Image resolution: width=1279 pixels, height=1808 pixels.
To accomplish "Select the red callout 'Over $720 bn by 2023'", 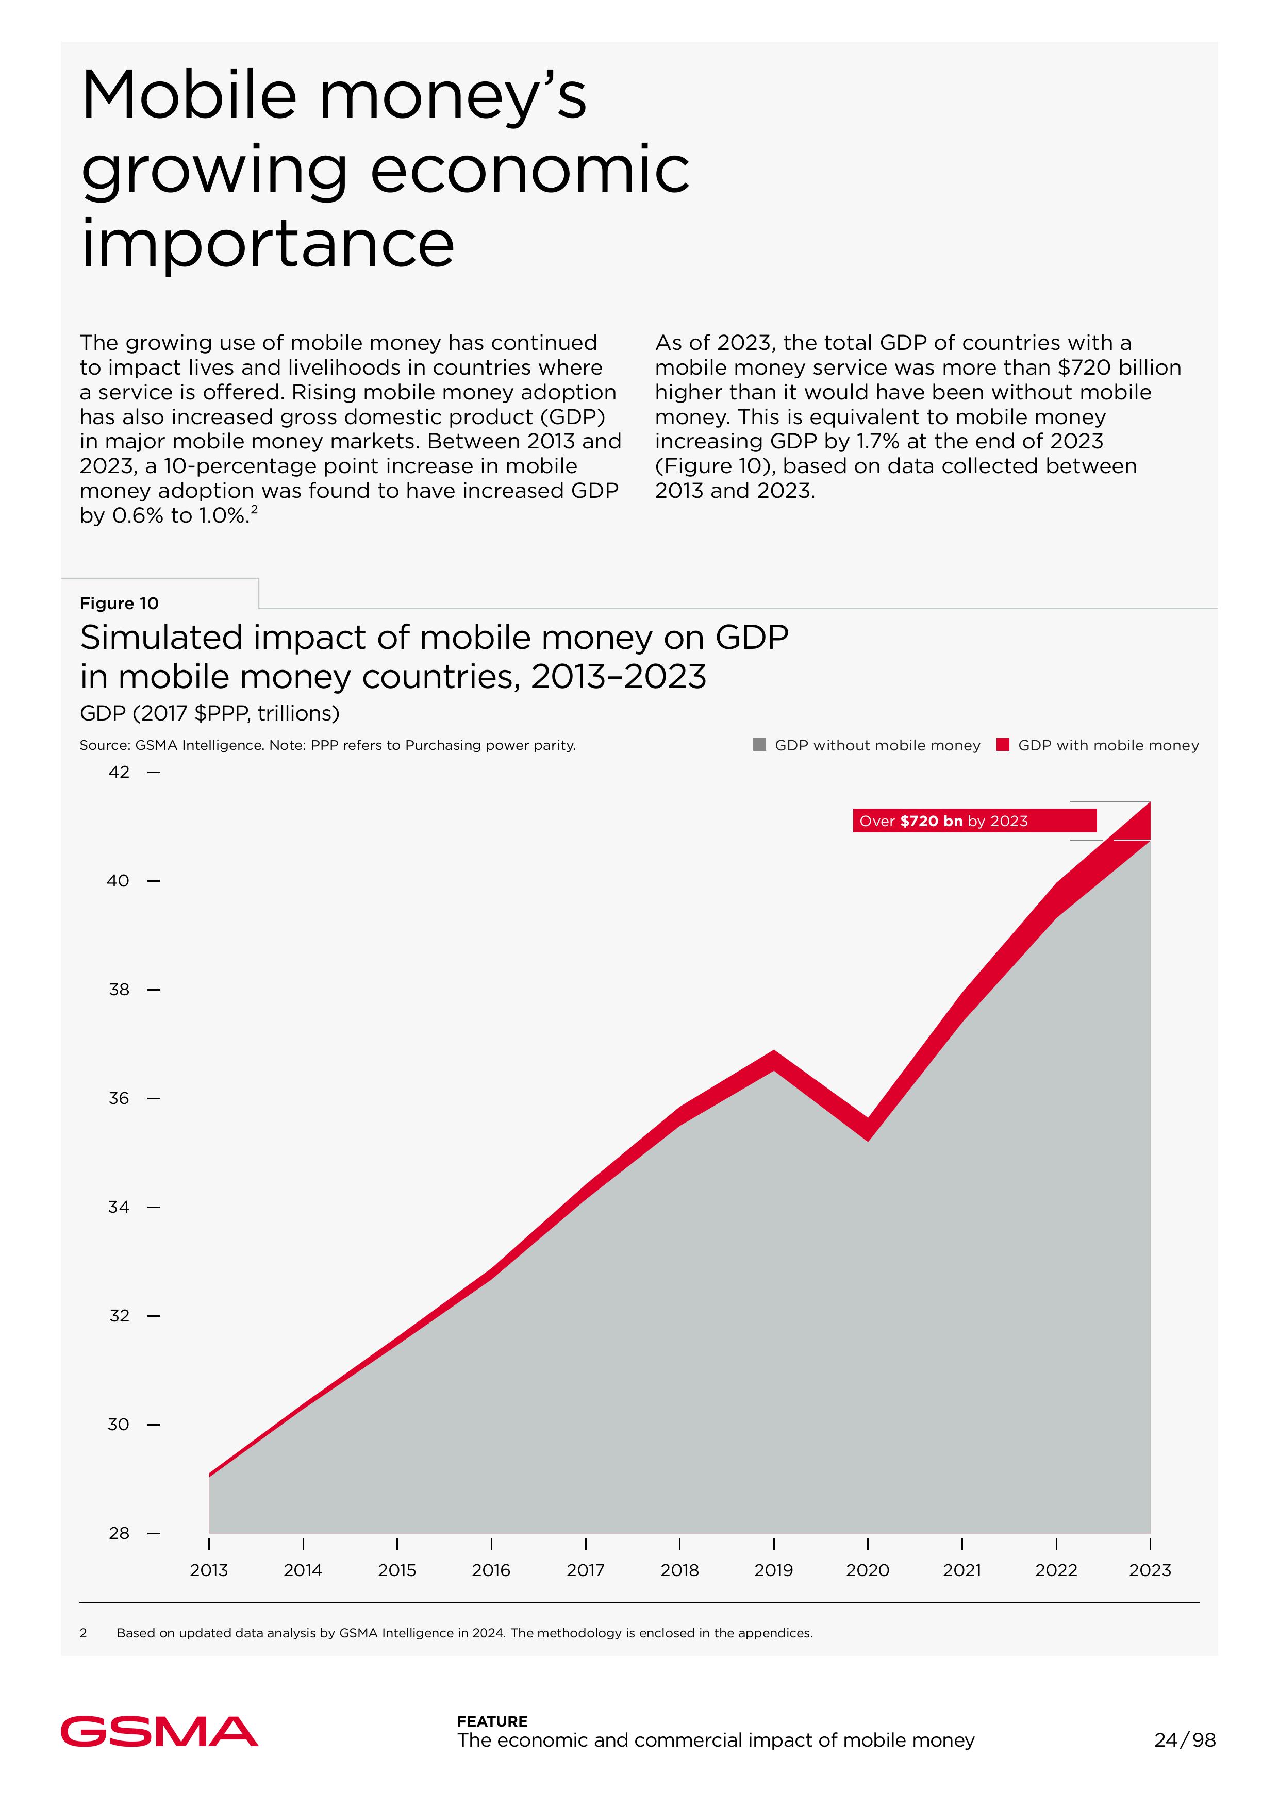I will click(x=974, y=821).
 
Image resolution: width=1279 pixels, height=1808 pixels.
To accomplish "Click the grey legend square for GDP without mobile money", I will click(x=759, y=745).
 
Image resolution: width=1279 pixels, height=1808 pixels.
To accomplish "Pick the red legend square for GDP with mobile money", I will click(x=1003, y=745).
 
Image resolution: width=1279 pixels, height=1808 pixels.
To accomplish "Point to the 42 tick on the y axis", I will click(x=120, y=773).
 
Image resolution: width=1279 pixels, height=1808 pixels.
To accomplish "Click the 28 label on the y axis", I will click(x=120, y=1533).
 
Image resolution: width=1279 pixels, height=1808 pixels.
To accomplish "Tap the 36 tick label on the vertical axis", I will click(x=120, y=1098).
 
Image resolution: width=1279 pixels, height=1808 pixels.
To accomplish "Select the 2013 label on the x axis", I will click(x=209, y=1570).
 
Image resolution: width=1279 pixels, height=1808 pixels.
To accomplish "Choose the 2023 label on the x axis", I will click(x=1150, y=1570).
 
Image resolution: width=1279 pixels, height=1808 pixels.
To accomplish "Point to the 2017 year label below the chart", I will click(x=585, y=1570).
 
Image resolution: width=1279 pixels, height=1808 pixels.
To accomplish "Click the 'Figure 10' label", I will click(x=119, y=603).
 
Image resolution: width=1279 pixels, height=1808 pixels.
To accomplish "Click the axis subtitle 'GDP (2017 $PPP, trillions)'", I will click(x=209, y=713).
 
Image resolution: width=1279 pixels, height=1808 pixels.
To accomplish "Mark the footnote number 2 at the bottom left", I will click(x=84, y=1633).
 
